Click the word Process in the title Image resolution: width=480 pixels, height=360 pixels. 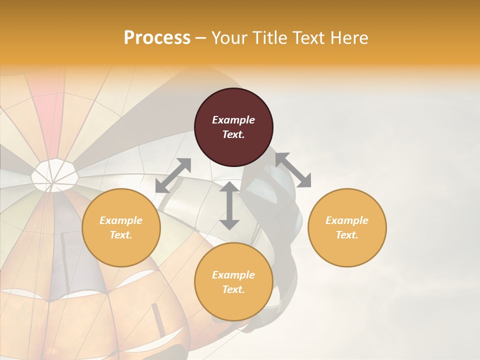[157, 38]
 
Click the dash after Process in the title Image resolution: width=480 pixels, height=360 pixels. [201, 38]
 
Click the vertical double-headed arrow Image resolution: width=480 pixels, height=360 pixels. [229, 205]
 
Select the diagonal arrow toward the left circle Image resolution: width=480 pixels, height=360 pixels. [173, 175]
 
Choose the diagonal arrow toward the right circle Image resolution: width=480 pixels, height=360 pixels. [293, 170]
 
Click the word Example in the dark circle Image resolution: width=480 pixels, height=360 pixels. [233, 120]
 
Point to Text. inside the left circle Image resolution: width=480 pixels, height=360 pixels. [121, 235]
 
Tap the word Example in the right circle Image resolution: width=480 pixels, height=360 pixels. [347, 220]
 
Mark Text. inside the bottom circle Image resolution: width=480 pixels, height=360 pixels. [233, 289]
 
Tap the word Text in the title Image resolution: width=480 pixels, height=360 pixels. [308, 38]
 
